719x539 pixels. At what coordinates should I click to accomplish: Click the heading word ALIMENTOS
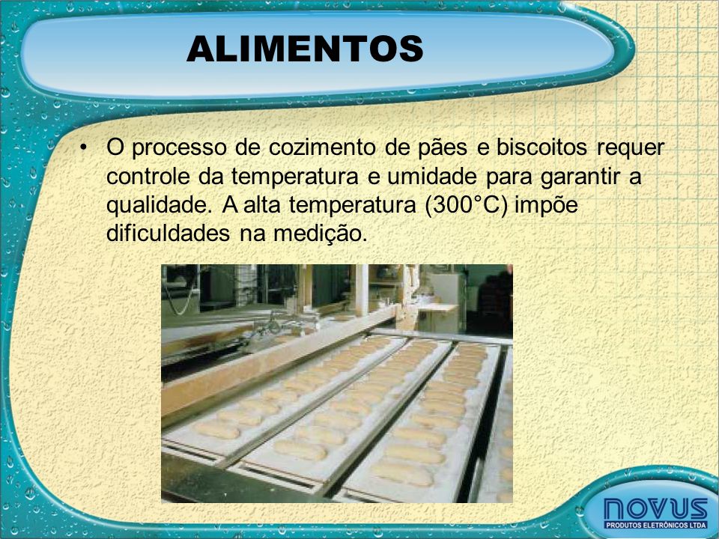pyautogui.click(x=305, y=49)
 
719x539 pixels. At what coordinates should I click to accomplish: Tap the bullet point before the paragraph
pyautogui.click(x=82, y=147)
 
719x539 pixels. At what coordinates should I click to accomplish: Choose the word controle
pyautogui.click(x=148, y=177)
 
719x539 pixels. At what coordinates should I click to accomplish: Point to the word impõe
pyautogui.click(x=546, y=206)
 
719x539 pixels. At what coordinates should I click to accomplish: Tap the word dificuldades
pyautogui.click(x=168, y=233)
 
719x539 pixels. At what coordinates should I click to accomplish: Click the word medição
pyautogui.click(x=321, y=234)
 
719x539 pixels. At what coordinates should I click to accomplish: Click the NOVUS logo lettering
pyautogui.click(x=656, y=509)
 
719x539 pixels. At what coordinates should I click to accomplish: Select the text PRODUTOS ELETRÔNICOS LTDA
pyautogui.click(x=656, y=525)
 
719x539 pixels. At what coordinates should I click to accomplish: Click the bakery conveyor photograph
pyautogui.click(x=337, y=383)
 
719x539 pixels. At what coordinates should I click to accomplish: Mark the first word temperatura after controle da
pyautogui.click(x=294, y=177)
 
